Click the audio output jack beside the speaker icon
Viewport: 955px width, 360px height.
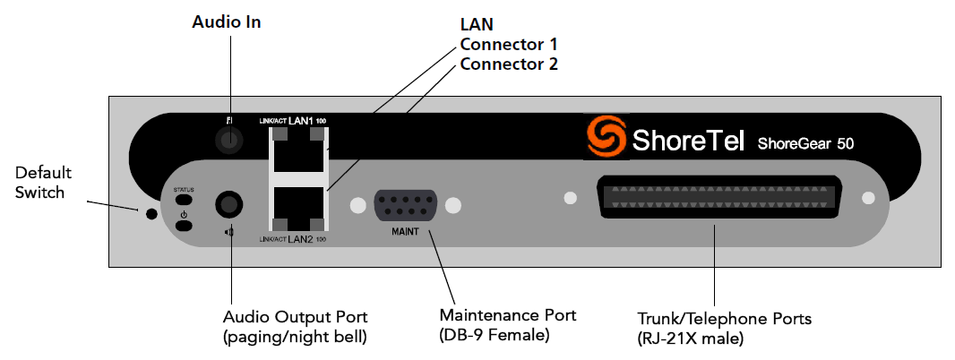[229, 205]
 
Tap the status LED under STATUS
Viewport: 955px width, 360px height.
[184, 201]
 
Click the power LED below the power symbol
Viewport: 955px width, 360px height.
[184, 225]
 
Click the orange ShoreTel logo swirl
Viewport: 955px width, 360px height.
[606, 137]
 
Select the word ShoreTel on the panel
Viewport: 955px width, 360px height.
[687, 141]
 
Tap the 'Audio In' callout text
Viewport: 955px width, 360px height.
[227, 22]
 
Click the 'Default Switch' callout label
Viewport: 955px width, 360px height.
[43, 182]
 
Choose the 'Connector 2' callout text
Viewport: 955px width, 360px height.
[509, 64]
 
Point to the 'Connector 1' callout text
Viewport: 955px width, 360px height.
[509, 44]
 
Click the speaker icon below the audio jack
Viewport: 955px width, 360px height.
[229, 233]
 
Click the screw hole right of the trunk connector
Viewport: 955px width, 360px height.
[866, 198]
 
